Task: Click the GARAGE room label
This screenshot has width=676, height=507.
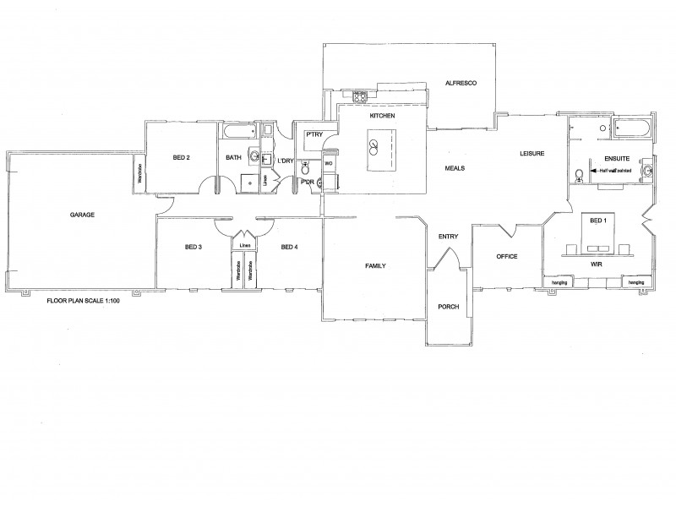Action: click(x=82, y=215)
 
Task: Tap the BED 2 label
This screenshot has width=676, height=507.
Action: click(x=181, y=157)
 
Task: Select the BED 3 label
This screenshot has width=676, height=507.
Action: click(x=193, y=247)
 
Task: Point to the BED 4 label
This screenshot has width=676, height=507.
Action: click(x=290, y=247)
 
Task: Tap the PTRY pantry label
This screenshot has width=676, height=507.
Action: click(x=315, y=134)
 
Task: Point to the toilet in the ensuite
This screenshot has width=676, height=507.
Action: click(x=579, y=176)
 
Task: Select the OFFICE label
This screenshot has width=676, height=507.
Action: click(x=506, y=256)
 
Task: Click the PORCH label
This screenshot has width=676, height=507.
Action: click(x=448, y=307)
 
